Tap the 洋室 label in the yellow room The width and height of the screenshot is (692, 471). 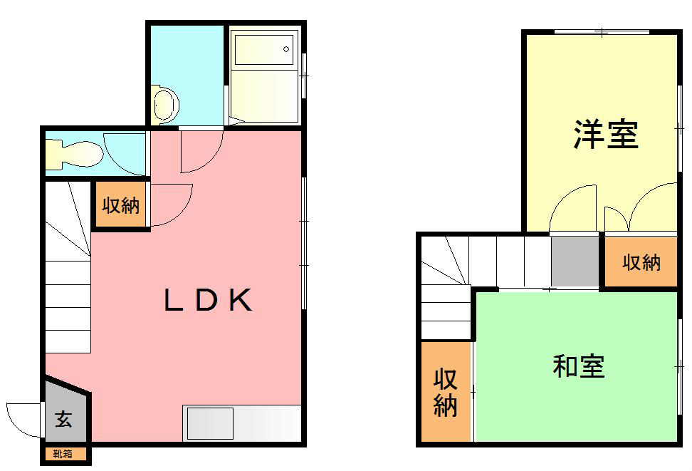point(605,134)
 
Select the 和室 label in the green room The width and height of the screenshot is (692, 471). point(578,367)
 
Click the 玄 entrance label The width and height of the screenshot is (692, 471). point(64,420)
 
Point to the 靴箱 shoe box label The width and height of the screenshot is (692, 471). point(65,454)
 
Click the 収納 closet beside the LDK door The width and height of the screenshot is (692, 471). point(120,206)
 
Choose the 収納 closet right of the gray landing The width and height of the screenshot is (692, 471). point(641,262)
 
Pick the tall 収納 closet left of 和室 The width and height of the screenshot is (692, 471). point(446,393)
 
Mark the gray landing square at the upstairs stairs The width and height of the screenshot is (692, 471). point(575,262)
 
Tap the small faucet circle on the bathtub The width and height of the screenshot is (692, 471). point(286,49)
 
